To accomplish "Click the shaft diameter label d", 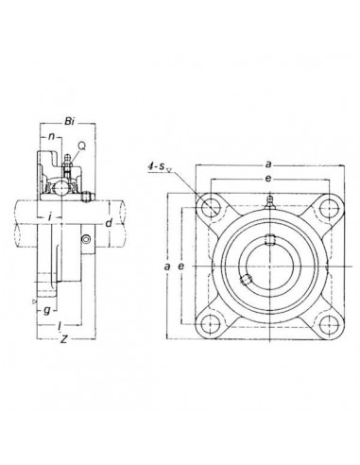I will click(110, 223).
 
